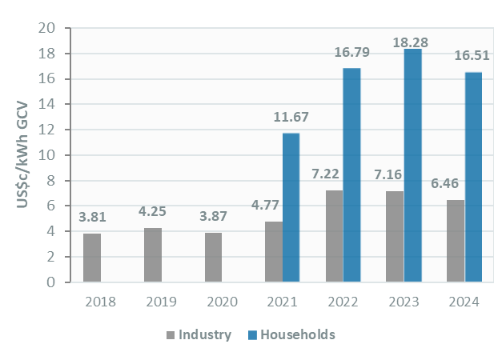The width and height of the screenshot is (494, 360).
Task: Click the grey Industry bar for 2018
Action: (92, 258)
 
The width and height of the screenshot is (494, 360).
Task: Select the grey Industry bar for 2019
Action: (153, 255)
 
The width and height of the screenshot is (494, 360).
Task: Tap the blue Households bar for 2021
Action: (291, 207)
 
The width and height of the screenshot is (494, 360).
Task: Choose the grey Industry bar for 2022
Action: (334, 236)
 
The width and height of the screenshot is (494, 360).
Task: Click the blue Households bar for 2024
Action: (473, 177)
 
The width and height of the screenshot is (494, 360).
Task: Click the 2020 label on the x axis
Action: (221, 302)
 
